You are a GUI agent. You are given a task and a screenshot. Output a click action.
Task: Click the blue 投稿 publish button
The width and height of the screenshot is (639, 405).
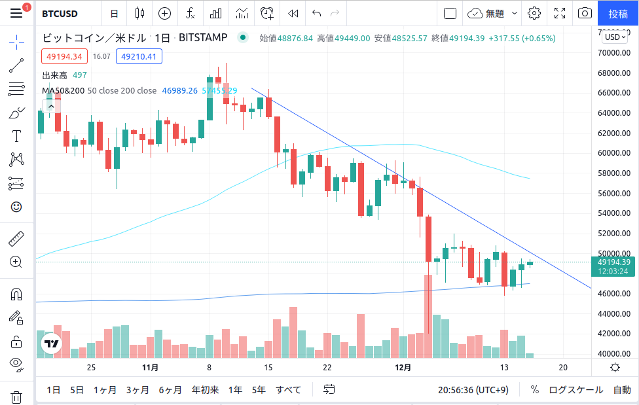[x=618, y=13]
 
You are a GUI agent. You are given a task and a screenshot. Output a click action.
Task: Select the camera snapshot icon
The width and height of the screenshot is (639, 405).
[x=585, y=13]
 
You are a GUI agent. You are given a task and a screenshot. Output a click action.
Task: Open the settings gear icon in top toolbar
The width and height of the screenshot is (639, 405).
[x=534, y=13]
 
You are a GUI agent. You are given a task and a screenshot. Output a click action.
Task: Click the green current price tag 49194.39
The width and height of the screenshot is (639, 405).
[x=614, y=262]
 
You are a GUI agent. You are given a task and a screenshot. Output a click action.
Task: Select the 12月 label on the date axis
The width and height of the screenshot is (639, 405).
[x=403, y=367]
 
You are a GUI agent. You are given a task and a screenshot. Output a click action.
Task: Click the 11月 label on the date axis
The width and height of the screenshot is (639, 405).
[x=150, y=367]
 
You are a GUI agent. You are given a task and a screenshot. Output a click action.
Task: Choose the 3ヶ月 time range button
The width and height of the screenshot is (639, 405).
[x=137, y=390]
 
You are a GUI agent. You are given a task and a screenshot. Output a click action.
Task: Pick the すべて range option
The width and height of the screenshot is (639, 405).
[x=288, y=390]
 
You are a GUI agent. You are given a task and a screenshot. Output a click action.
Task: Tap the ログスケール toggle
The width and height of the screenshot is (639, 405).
[x=575, y=390]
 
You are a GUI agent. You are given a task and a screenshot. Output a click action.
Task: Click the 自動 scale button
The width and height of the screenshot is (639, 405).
[x=622, y=390]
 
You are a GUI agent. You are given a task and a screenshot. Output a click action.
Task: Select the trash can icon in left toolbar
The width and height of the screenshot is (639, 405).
[x=16, y=396]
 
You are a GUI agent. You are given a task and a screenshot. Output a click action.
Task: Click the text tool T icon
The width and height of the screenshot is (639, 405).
[x=16, y=136]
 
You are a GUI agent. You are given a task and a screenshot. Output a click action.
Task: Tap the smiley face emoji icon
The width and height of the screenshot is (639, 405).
[x=16, y=207]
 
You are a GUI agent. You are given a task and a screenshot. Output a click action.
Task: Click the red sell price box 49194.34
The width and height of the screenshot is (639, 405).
[x=64, y=57]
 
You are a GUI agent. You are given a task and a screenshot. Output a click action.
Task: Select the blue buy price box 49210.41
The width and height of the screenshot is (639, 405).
[x=139, y=57]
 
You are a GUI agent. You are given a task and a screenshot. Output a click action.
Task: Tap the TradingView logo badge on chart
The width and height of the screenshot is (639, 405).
[x=51, y=343]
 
